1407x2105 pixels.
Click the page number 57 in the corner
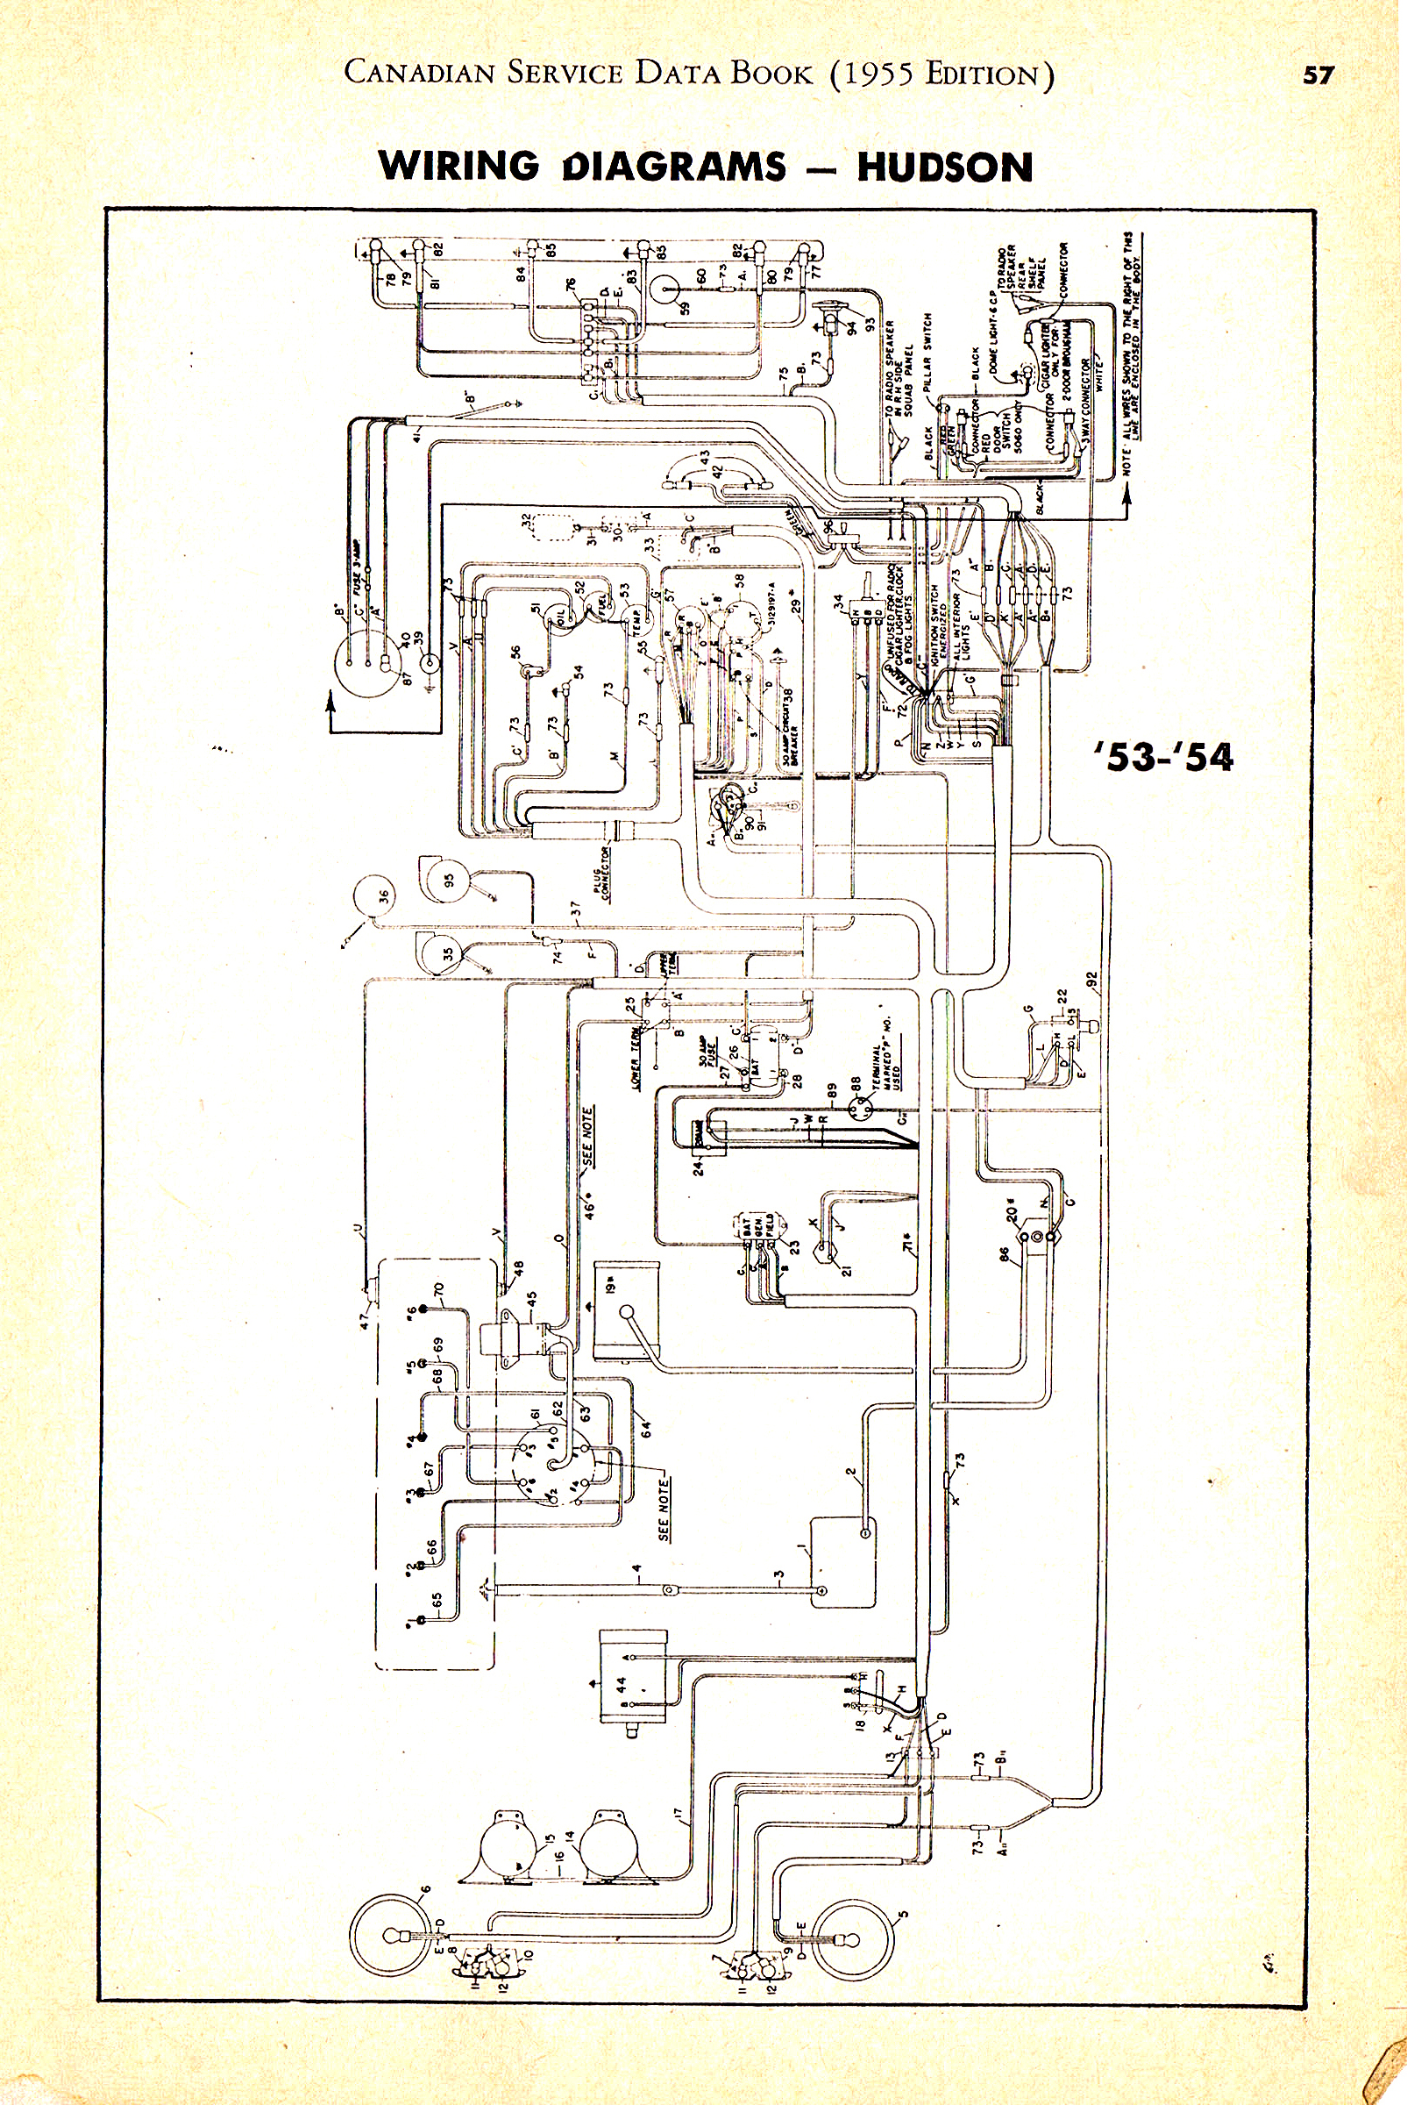click(x=1318, y=75)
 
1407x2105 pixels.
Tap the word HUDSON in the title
click(x=945, y=168)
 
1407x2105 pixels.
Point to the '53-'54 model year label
click(x=1164, y=757)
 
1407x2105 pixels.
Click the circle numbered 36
click(x=375, y=896)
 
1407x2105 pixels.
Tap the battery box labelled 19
click(x=626, y=1311)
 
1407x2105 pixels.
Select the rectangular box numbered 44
click(x=631, y=1688)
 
